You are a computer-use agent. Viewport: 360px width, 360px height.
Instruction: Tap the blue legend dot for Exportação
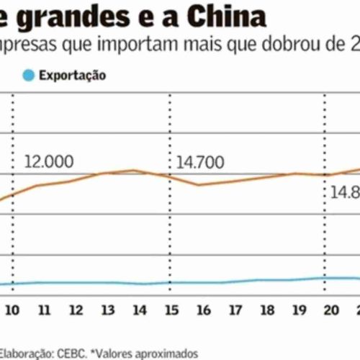pyautogui.click(x=28, y=74)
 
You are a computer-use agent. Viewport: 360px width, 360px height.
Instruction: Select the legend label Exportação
pyautogui.click(x=72, y=74)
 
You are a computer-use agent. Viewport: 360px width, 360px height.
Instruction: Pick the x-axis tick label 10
pyautogui.click(x=12, y=310)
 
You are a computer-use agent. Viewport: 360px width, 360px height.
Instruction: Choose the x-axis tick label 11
pyautogui.click(x=44, y=310)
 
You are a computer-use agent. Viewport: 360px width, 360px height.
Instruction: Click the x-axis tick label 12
pyautogui.click(x=76, y=310)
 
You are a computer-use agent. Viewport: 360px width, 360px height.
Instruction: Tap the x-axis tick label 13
pyautogui.click(x=108, y=310)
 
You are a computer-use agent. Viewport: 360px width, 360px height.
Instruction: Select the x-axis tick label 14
pyautogui.click(x=140, y=310)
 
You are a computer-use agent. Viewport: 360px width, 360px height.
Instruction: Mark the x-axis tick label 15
pyautogui.click(x=171, y=310)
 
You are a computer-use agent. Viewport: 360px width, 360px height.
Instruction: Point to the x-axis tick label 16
pyautogui.click(x=204, y=310)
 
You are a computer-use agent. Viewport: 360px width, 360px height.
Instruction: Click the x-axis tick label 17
pyautogui.click(x=235, y=310)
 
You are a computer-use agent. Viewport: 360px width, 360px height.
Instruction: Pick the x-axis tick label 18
pyautogui.click(x=267, y=310)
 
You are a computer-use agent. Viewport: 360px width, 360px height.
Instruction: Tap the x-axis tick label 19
pyautogui.click(x=299, y=310)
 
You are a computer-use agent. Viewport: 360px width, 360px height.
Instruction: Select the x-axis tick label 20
pyautogui.click(x=330, y=310)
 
